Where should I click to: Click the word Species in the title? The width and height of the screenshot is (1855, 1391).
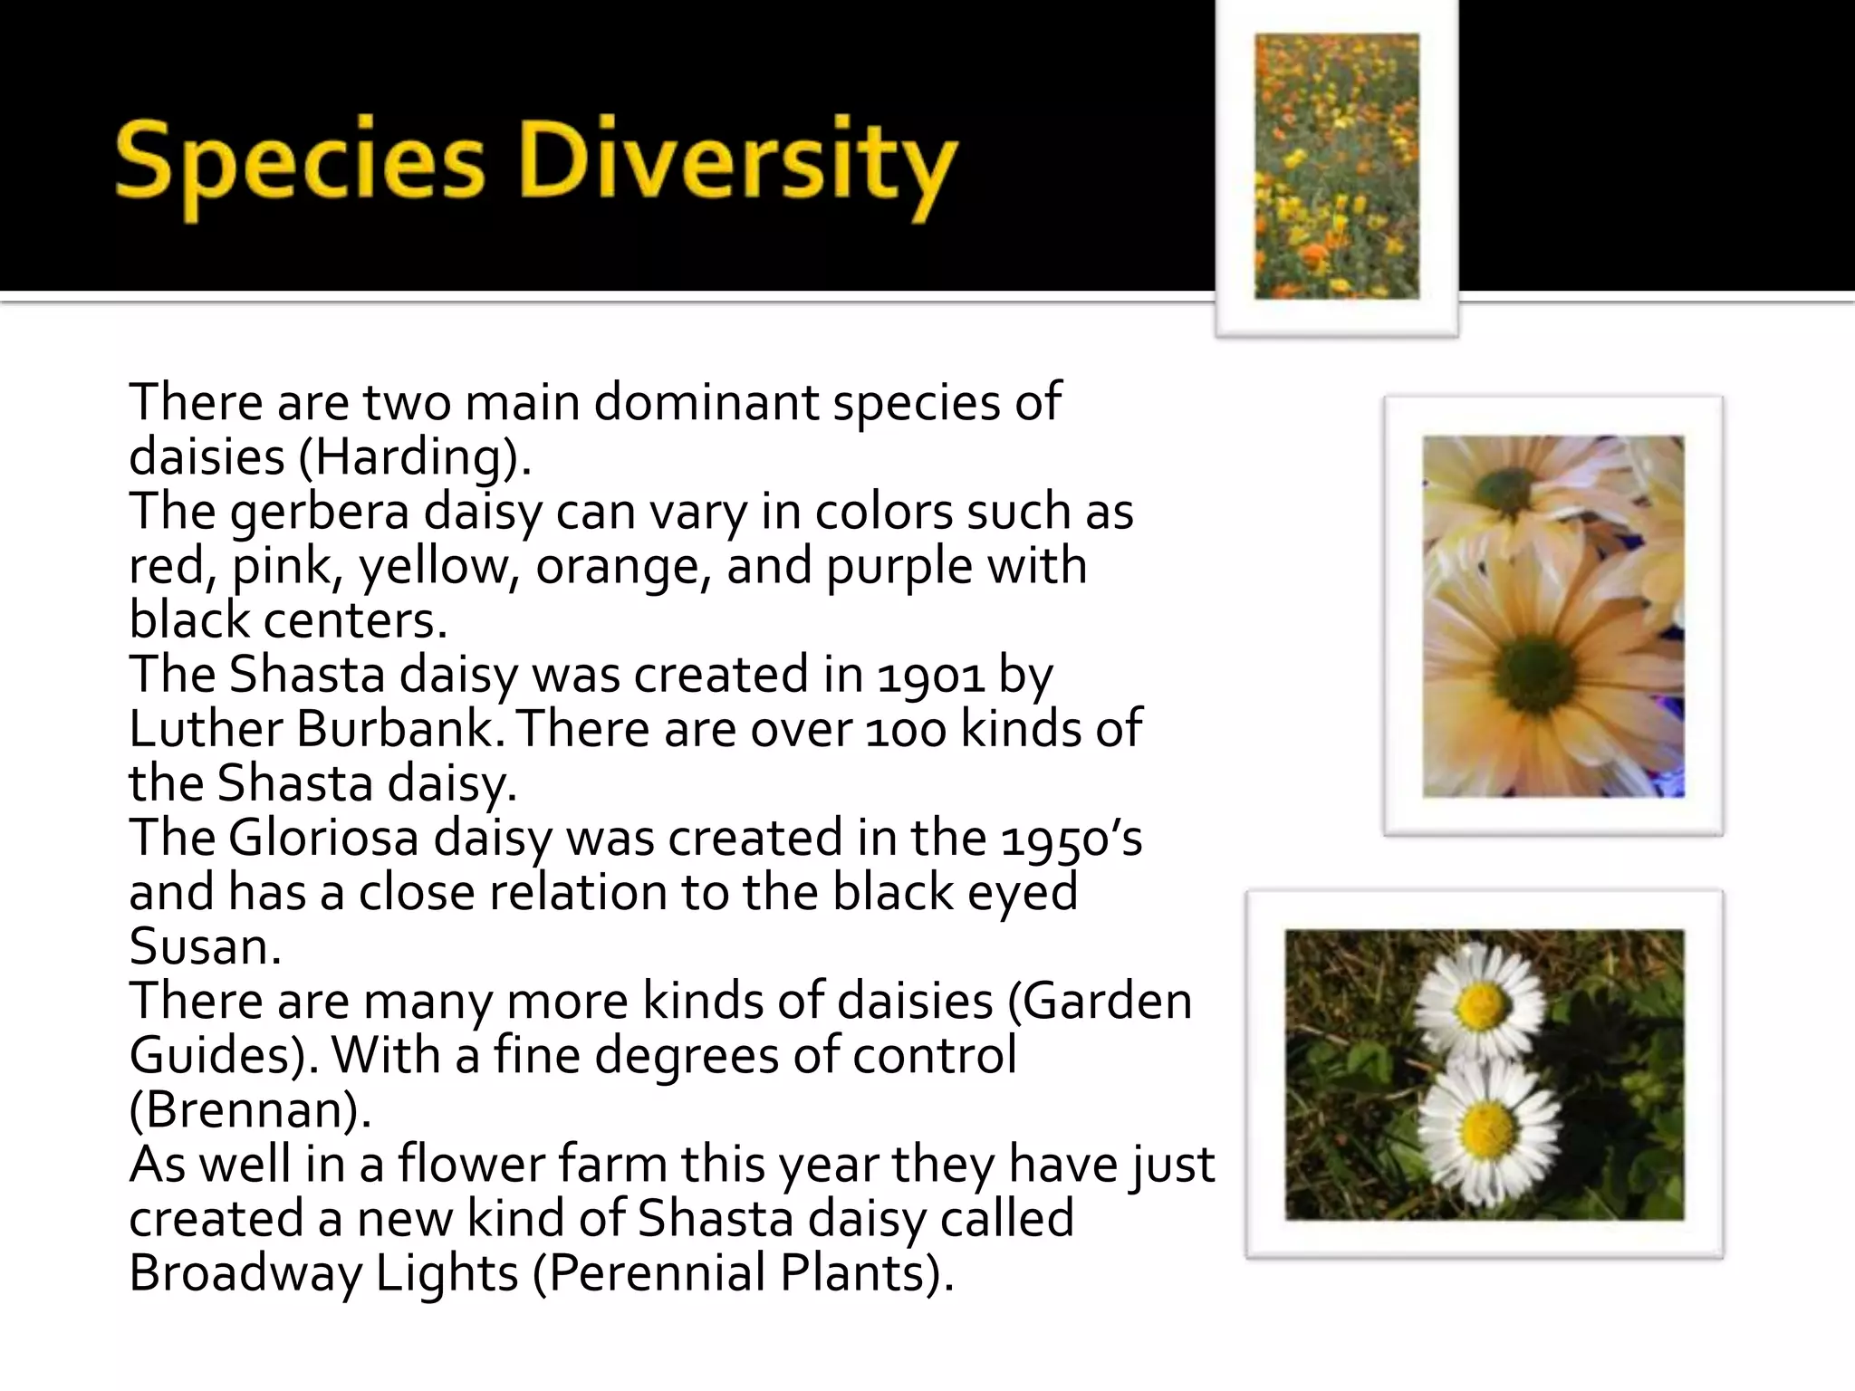(299, 165)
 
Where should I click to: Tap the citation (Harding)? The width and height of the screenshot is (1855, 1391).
(414, 457)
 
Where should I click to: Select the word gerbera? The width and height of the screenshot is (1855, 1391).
(319, 513)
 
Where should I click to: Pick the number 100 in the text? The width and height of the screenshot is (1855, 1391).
(907, 730)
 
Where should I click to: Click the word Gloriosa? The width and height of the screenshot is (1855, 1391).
(323, 839)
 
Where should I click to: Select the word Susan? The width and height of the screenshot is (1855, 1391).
(205, 947)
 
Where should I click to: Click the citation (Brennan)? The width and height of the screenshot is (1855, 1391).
(249, 1110)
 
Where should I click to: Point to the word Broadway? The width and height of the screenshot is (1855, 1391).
(245, 1273)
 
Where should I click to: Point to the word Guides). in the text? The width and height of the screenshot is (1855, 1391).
(223, 1056)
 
